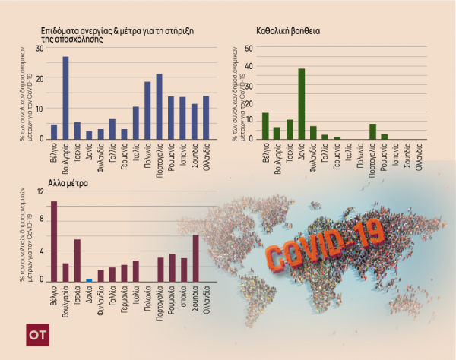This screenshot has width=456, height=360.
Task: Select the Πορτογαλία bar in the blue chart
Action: pos(160,106)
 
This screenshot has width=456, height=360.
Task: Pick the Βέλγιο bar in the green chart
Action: pos(265,126)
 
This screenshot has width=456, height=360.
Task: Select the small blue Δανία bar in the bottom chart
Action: pos(89,280)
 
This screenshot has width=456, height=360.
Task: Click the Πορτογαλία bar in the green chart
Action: pos(372,131)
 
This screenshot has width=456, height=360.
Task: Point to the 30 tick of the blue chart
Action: pos(40,48)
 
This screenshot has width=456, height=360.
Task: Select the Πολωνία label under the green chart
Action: pos(360,155)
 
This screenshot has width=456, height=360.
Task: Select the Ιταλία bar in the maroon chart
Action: pos(136,271)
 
